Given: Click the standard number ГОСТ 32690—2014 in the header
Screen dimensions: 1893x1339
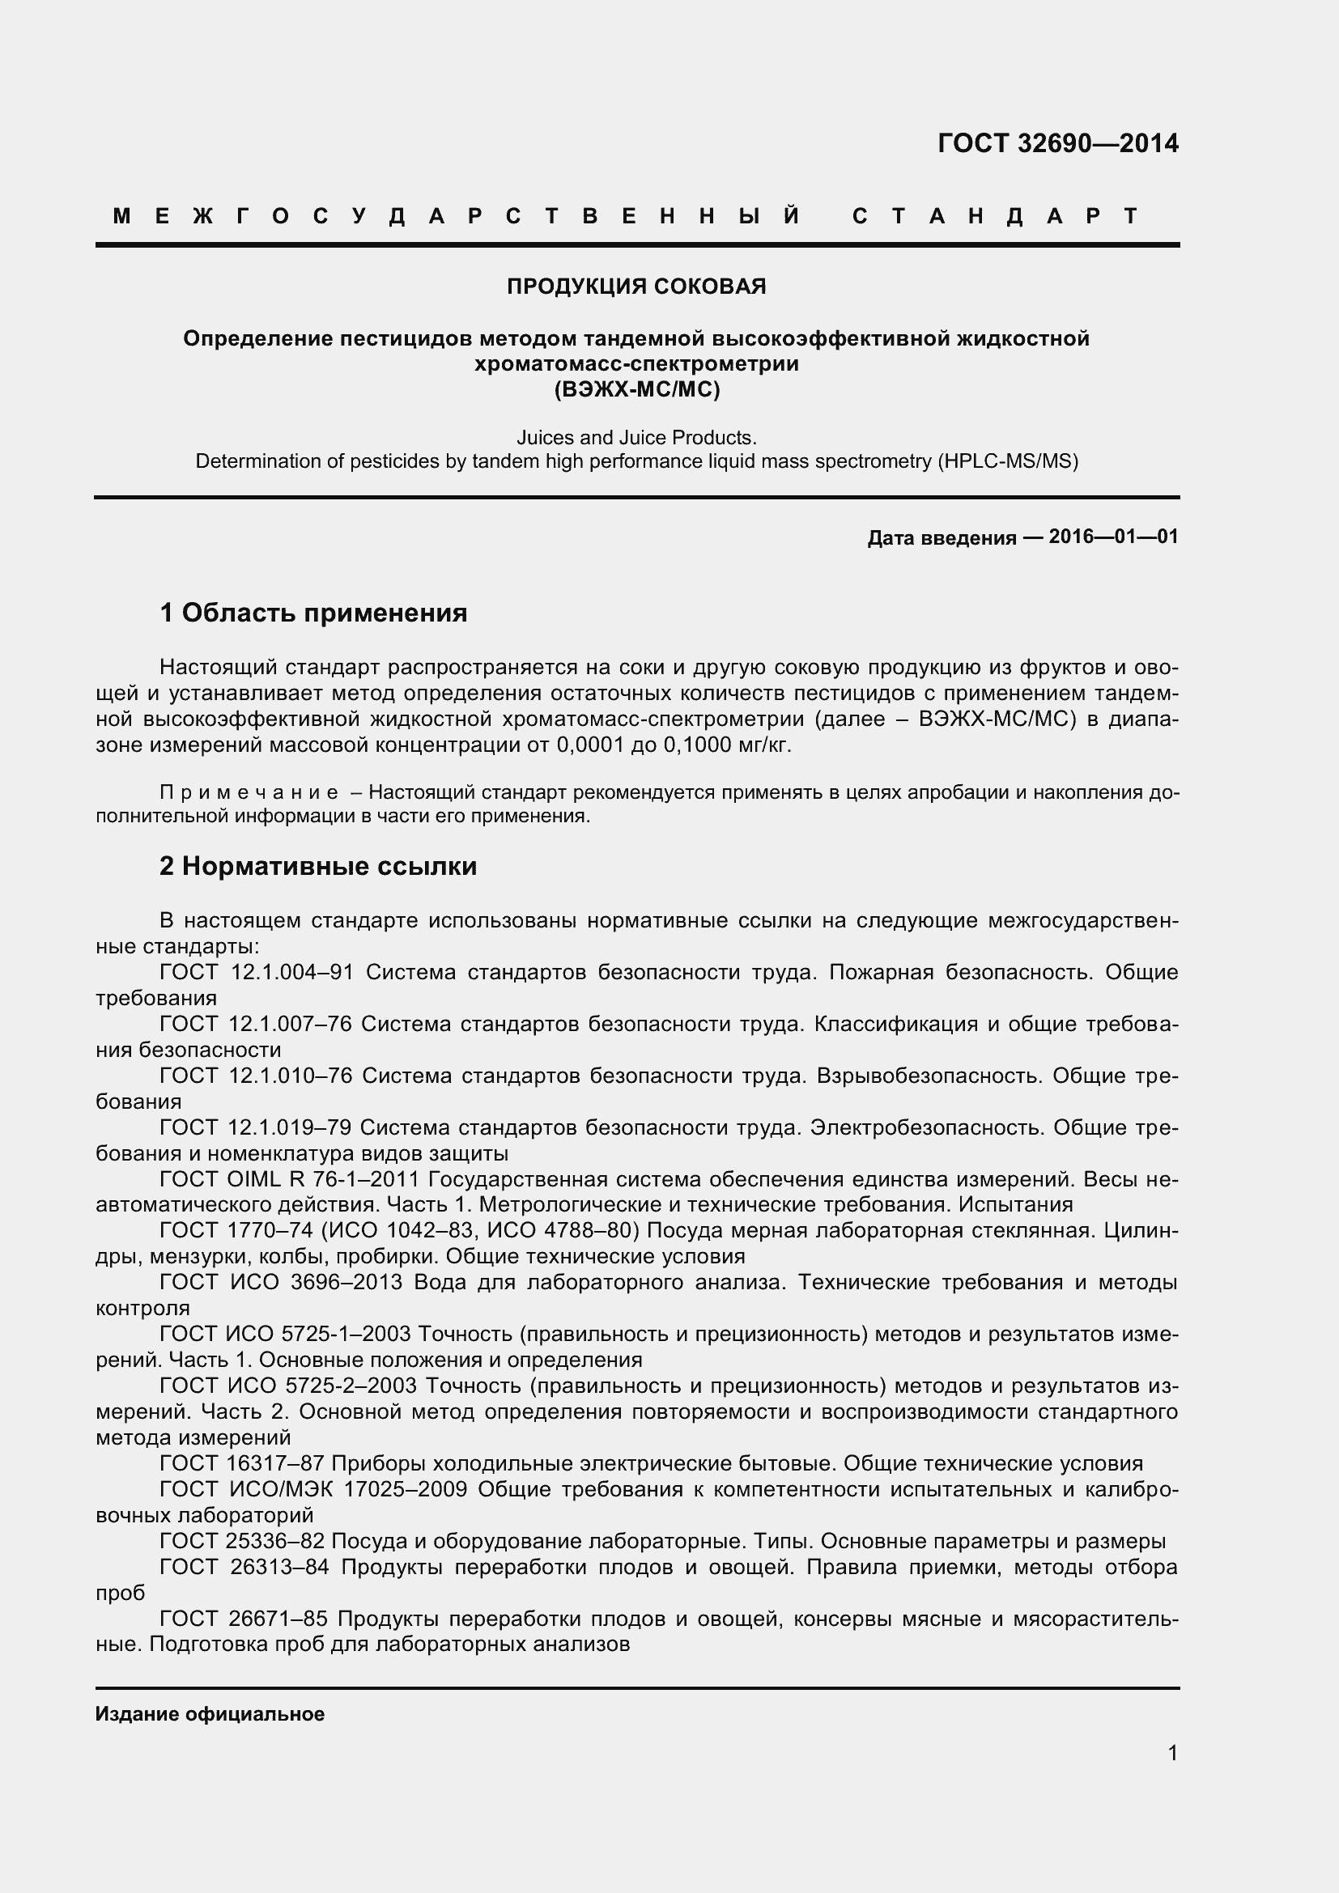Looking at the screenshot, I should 1058,143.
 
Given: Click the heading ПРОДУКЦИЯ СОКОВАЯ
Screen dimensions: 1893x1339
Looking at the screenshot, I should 635,286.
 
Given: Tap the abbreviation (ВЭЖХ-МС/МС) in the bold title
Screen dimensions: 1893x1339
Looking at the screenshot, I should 636,389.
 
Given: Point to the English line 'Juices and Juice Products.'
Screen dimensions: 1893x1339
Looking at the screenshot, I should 635,437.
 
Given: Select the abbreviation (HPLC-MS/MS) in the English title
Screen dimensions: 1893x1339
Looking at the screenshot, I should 1007,461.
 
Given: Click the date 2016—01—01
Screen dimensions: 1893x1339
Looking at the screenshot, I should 1113,537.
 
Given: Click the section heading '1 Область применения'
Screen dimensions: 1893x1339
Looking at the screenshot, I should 313,613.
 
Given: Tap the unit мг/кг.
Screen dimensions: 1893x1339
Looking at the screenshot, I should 764,745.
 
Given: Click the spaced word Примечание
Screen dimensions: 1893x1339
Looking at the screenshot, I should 249,792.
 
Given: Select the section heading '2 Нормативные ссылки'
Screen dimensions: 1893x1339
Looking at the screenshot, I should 318,866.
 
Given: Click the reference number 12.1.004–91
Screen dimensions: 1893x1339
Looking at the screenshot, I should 292,972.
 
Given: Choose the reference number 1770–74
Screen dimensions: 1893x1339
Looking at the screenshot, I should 270,1231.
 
